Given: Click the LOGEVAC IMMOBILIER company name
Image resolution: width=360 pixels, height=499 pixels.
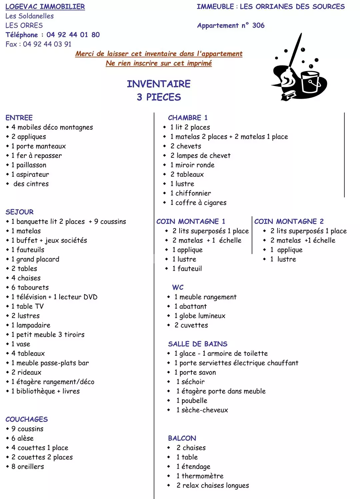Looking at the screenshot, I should pyautogui.click(x=45, y=7).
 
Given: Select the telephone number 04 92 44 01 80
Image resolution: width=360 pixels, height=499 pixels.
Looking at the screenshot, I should pyautogui.click(x=73, y=35).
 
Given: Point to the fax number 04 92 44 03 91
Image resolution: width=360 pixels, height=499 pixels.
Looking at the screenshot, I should pyautogui.click(x=47, y=44).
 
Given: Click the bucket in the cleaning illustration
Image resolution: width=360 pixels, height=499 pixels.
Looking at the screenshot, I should pyautogui.click(x=310, y=82).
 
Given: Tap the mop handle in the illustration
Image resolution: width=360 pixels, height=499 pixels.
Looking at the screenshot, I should pyautogui.click(x=295, y=50).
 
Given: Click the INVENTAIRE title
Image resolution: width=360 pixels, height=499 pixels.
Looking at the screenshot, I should pyautogui.click(x=159, y=84).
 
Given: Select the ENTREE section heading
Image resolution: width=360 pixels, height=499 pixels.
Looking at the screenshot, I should pyautogui.click(x=19, y=118).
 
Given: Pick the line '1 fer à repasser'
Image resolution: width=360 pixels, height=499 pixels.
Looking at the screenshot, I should pyautogui.click(x=36, y=156).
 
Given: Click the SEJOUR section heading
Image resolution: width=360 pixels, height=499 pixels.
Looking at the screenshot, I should pyautogui.click(x=19, y=212).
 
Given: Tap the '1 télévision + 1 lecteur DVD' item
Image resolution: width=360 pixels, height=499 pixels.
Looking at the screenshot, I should pyautogui.click(x=54, y=297).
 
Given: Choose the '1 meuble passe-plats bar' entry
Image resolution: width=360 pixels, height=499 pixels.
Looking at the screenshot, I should pyautogui.click(x=50, y=363).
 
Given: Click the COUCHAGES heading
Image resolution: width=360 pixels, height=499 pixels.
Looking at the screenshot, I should pyautogui.click(x=27, y=419).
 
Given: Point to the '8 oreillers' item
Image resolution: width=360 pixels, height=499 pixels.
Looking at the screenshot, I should pyautogui.click(x=28, y=467).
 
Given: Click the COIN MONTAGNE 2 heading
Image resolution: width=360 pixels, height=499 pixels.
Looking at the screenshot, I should pyautogui.click(x=289, y=221).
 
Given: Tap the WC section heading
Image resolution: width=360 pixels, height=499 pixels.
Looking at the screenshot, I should pyautogui.click(x=178, y=287).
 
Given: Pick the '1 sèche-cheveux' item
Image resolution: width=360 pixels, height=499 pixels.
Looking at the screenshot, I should pyautogui.click(x=202, y=410).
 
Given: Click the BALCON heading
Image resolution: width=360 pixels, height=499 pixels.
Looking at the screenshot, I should pyautogui.click(x=182, y=438).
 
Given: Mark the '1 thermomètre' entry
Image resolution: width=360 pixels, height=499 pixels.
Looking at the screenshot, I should pyautogui.click(x=200, y=476).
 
